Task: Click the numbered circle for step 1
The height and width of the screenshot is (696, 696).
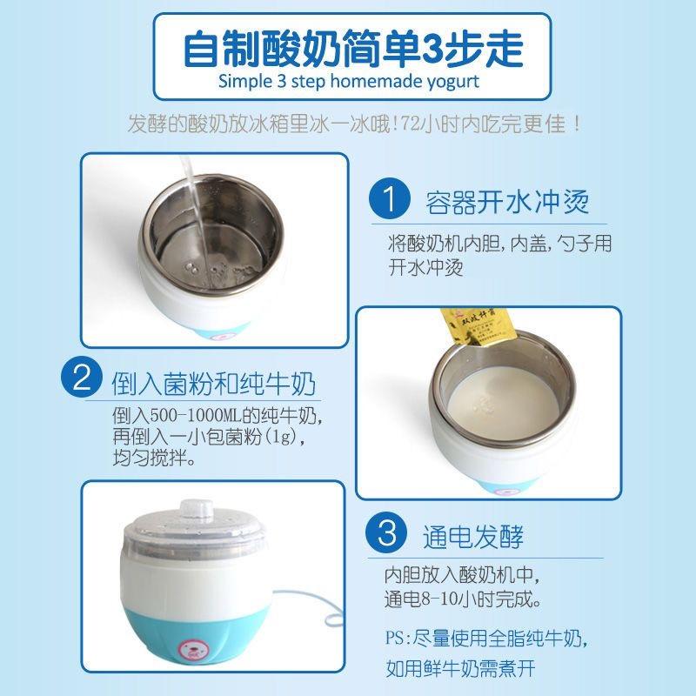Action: pyautogui.click(x=389, y=198)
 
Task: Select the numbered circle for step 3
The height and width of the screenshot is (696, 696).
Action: pyautogui.click(x=386, y=532)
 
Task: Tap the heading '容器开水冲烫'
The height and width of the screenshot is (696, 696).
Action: pyautogui.click(x=507, y=203)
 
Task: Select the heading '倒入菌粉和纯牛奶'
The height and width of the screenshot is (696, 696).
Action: pyautogui.click(x=213, y=384)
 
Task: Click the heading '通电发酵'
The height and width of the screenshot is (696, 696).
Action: pyautogui.click(x=473, y=536)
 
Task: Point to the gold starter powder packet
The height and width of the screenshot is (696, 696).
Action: pyautogui.click(x=461, y=330)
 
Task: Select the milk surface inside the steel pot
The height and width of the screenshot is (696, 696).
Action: pyautogui.click(x=503, y=402)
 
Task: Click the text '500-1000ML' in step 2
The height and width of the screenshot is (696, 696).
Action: pyautogui.click(x=195, y=416)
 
